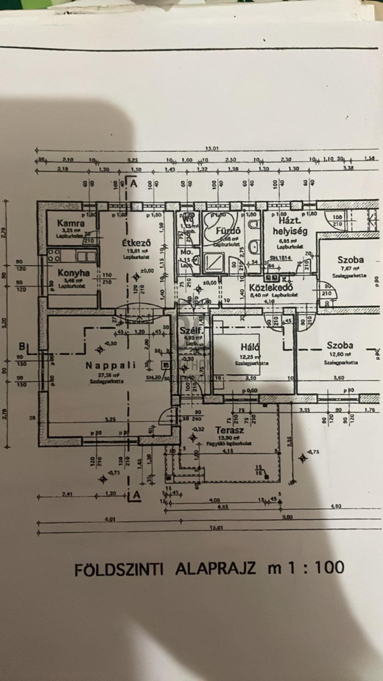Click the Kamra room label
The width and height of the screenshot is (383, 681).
(x=71, y=223)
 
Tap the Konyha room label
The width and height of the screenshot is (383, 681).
(x=74, y=273)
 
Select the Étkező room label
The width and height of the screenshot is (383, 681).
(x=137, y=243)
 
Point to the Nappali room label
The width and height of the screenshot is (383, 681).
(x=111, y=365)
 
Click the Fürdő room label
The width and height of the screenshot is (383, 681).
(x=228, y=231)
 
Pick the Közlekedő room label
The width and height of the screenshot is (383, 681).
(x=271, y=288)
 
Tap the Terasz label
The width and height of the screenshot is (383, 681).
(x=230, y=431)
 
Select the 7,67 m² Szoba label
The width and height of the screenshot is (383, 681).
(x=350, y=260)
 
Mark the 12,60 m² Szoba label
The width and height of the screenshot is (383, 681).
(x=340, y=345)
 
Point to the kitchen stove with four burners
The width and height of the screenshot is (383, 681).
(x=54, y=255)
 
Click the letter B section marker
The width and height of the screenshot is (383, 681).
(x=22, y=346)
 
